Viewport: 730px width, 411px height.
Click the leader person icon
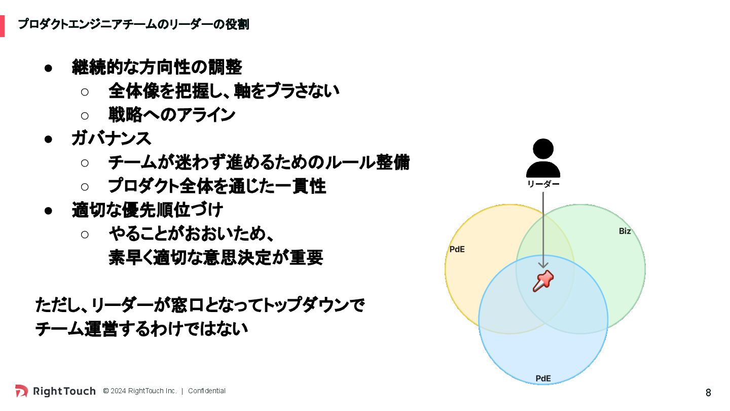[543, 158]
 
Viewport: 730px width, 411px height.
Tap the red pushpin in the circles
[543, 281]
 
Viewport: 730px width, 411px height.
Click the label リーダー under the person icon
[543, 184]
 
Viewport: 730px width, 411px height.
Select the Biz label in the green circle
[625, 231]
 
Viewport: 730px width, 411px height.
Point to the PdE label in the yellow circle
[457, 250]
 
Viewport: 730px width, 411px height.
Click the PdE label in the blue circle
[543, 379]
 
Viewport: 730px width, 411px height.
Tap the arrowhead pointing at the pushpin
[543, 264]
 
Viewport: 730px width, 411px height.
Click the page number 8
[708, 393]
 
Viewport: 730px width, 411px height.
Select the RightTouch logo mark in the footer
[22, 391]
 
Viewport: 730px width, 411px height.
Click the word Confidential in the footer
[207, 391]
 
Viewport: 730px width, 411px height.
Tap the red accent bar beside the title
[2, 26]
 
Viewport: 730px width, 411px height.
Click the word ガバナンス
[111, 139]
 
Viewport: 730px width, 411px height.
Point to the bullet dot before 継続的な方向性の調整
[49, 67]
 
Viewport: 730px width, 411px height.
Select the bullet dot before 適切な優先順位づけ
[49, 211]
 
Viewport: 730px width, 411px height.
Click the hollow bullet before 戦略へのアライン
[85, 115]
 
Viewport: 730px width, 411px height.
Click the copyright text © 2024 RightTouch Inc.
[140, 391]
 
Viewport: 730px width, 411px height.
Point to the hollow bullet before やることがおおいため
[85, 234]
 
